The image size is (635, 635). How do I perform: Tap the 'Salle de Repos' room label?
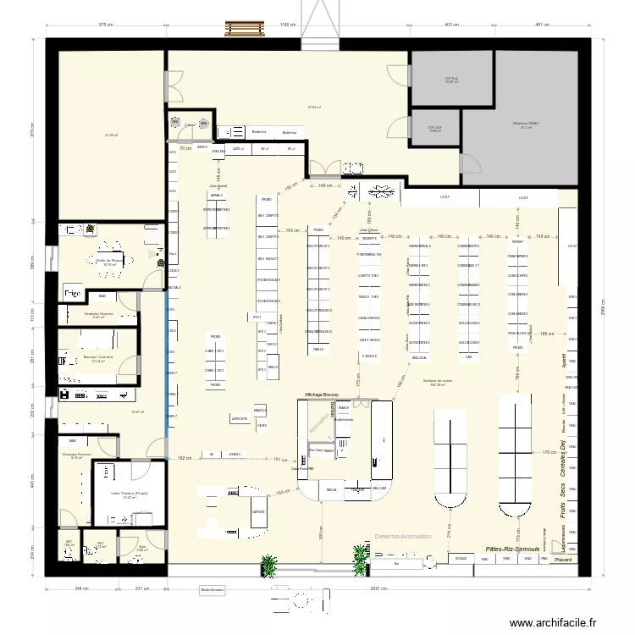[x=109, y=260]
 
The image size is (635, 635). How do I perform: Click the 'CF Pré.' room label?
[x=451, y=79]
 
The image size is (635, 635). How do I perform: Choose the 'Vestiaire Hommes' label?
[x=98, y=314]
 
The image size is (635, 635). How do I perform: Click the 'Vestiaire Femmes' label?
[x=76, y=455]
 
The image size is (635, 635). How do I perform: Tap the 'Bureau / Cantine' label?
[x=98, y=357]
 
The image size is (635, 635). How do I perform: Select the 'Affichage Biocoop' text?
[x=323, y=395]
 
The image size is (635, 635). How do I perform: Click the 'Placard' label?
[x=563, y=560]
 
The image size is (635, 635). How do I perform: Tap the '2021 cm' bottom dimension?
[x=378, y=589]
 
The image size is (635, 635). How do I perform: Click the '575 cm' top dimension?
[x=106, y=25]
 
